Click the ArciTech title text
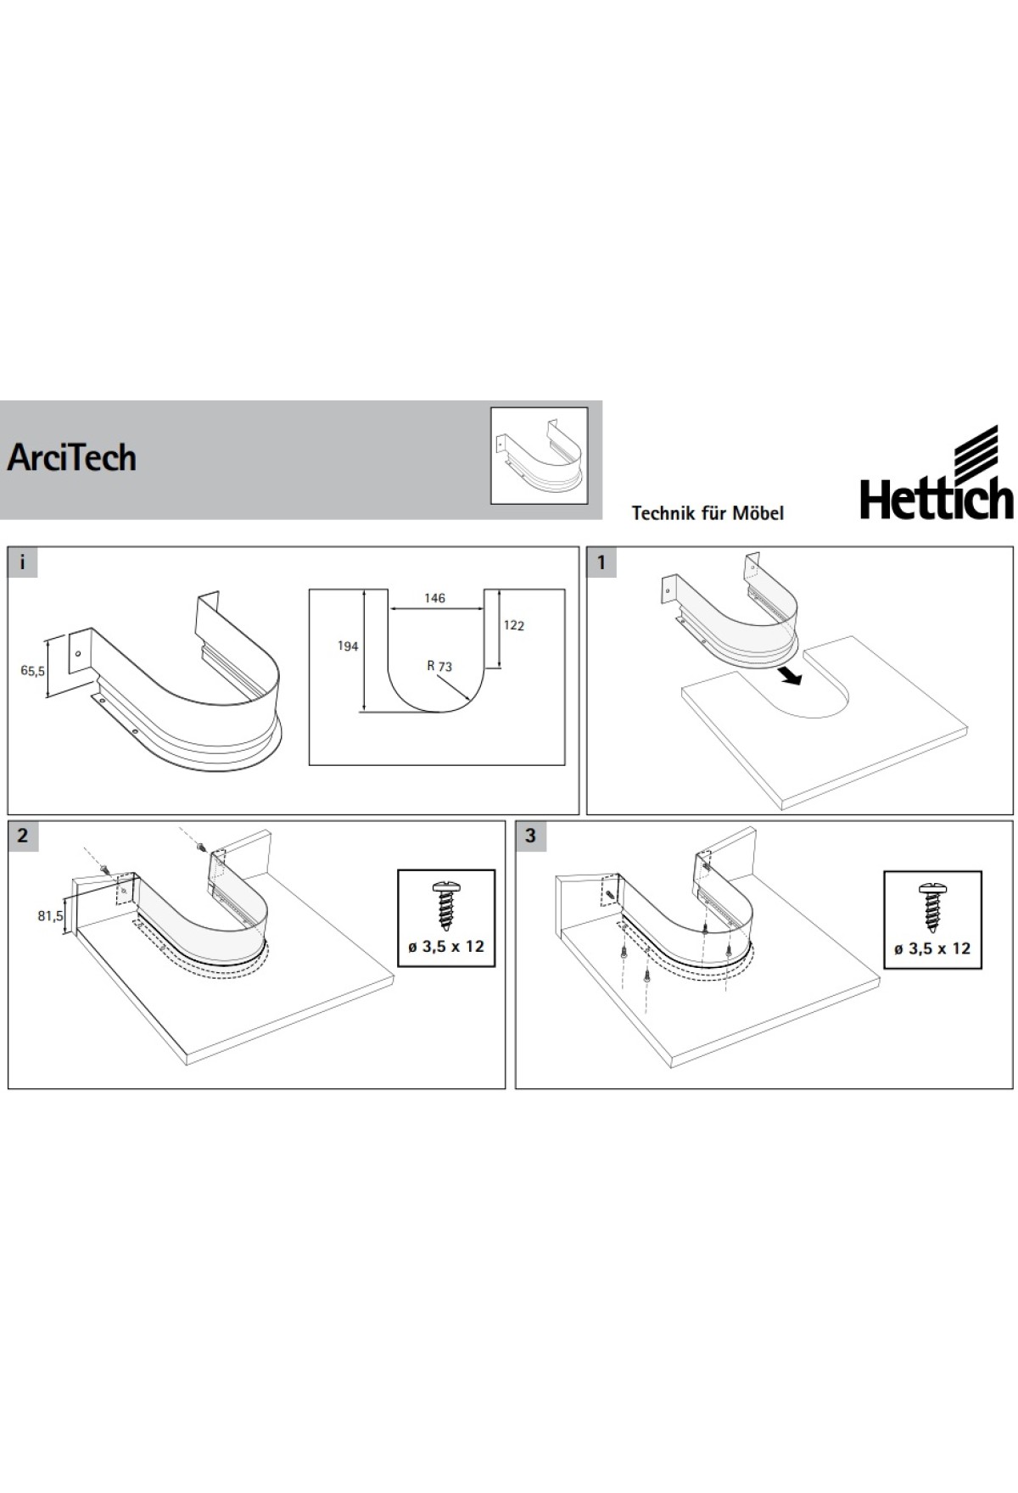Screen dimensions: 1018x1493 pyautogui.click(x=72, y=458)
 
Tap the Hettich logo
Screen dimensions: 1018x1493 pyautogui.click(x=937, y=473)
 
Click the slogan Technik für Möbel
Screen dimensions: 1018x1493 pyautogui.click(x=708, y=513)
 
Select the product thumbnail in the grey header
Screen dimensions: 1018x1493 pyautogui.click(x=540, y=456)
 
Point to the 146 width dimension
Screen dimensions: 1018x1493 pyautogui.click(x=434, y=599)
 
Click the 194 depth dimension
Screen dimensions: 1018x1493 pyautogui.click(x=348, y=646)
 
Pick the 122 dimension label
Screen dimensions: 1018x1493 pyautogui.click(x=513, y=626)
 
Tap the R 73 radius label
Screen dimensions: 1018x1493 pyautogui.click(x=439, y=667)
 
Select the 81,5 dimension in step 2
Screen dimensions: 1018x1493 pyautogui.click(x=50, y=915)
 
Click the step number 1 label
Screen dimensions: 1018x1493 pyautogui.click(x=601, y=562)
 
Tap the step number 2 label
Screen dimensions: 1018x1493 pyautogui.click(x=23, y=836)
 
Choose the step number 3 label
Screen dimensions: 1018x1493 pyautogui.click(x=530, y=836)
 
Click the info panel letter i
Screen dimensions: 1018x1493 pyautogui.click(x=23, y=562)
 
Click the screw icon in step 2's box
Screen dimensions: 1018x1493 pyautogui.click(x=445, y=905)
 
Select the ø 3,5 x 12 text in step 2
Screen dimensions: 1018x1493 pyautogui.click(x=446, y=947)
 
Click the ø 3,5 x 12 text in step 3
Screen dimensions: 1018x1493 pyautogui.click(x=932, y=948)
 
